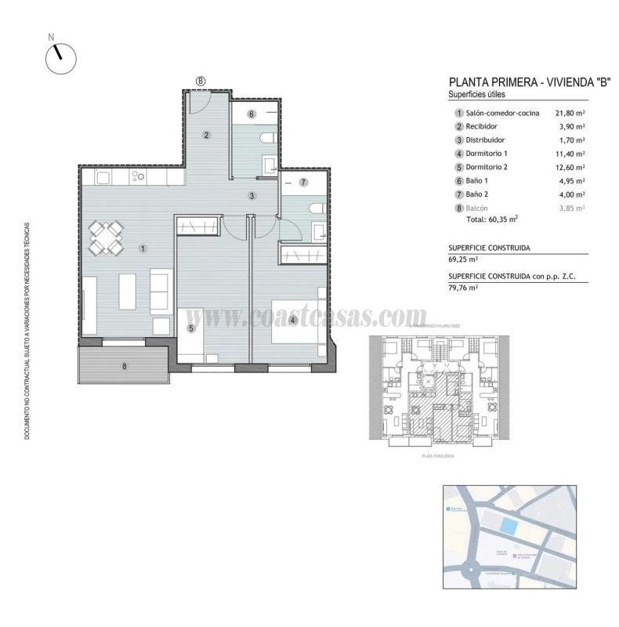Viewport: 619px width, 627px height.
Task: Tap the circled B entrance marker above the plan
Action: pos(201,81)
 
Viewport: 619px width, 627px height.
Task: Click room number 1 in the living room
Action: pos(143,248)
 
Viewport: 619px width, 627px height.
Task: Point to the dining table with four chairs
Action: pos(106,237)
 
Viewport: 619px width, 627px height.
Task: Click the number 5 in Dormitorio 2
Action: pos(190,328)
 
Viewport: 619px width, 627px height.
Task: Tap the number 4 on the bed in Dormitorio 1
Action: pos(291,320)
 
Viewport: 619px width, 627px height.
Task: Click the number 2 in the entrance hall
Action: pos(206,135)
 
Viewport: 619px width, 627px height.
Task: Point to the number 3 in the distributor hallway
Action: pos(252,195)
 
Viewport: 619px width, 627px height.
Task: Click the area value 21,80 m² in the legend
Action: pos(570,113)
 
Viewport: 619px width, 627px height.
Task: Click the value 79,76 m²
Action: pos(464,288)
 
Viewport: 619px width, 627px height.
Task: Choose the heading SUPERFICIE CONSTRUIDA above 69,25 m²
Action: pos(489,248)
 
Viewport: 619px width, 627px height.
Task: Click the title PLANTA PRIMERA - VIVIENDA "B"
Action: pos(519,82)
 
